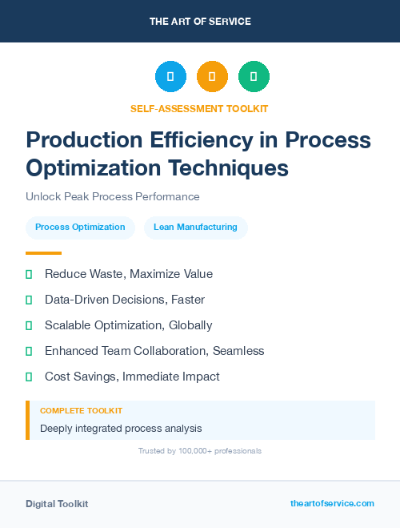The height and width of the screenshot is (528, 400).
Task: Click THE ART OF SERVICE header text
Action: [x=200, y=22]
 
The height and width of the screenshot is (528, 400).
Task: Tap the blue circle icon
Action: [x=170, y=76]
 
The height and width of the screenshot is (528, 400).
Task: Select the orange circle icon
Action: [x=212, y=76]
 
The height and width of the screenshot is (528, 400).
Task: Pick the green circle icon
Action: [x=254, y=76]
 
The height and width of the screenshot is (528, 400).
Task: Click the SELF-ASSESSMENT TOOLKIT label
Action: [x=200, y=108]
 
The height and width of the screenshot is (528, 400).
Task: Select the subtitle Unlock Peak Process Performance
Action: [x=113, y=196]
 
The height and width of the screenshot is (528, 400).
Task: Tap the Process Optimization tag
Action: [x=80, y=228]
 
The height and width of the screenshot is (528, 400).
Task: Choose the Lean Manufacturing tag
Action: [x=196, y=228]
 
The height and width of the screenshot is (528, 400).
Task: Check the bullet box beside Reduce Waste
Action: [x=29, y=274]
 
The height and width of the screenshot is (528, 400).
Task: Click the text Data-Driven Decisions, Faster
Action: [x=125, y=300]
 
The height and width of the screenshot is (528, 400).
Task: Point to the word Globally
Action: [x=190, y=325]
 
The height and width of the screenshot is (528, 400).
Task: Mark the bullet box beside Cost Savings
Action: [x=29, y=377]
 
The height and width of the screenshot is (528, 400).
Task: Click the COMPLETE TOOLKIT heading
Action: [x=81, y=410]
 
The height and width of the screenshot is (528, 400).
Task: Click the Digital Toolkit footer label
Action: [x=57, y=504]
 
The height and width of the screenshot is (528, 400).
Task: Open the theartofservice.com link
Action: [x=332, y=503]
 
